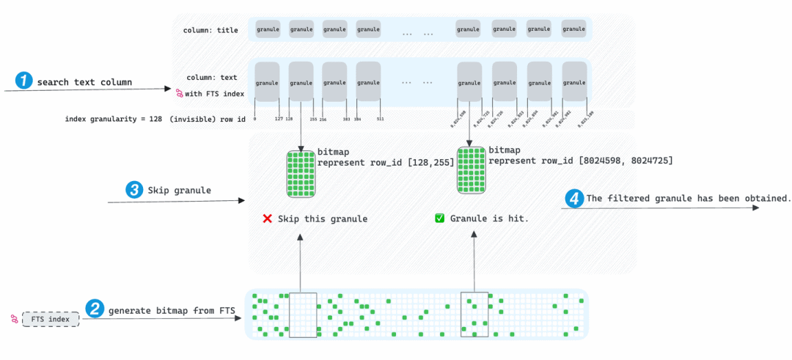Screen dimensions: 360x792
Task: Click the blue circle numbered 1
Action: pos(25,81)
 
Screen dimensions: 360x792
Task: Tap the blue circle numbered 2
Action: pos(95,309)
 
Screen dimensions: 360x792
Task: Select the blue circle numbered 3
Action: pos(134,190)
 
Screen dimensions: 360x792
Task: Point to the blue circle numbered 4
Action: pos(574,198)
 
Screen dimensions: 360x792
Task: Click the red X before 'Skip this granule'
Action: pos(267,218)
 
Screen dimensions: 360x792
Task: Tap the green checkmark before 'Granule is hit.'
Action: pos(439,218)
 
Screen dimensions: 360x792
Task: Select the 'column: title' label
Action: pos(210,30)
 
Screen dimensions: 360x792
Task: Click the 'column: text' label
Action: pos(212,77)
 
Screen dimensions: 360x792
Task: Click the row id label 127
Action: pos(279,118)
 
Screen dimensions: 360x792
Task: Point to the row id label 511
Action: pos(380,118)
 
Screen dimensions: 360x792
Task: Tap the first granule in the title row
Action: pos(267,29)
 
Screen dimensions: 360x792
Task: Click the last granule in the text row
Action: pos(574,82)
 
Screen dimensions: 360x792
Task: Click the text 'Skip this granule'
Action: pos(323,218)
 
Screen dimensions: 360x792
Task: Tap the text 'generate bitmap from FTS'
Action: pos(172,311)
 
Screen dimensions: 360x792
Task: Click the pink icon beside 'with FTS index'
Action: pos(178,93)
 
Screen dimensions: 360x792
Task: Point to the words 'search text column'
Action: pos(84,82)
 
